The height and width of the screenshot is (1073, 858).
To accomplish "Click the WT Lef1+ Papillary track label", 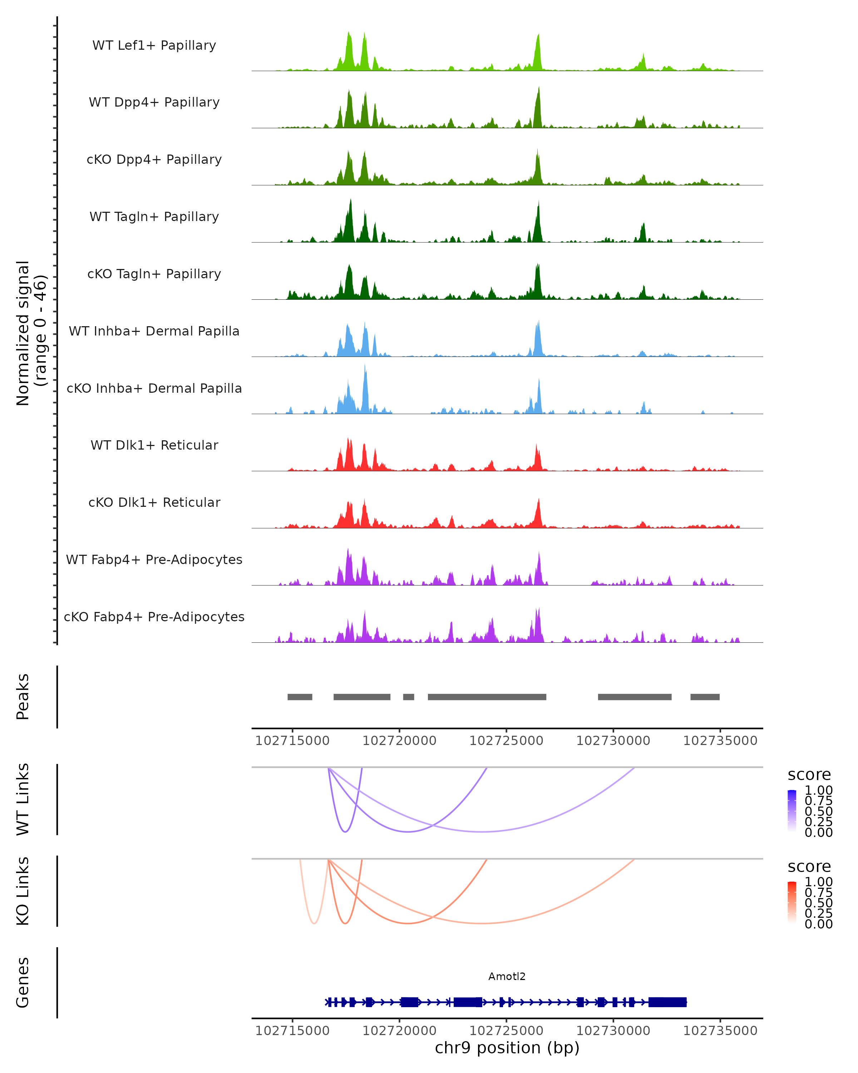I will click(154, 45).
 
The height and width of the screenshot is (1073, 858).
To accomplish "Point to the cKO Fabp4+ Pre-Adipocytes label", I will click(154, 617).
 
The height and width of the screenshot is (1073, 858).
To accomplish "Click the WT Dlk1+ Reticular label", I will click(154, 445).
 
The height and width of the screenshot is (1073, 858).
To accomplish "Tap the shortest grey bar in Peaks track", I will click(408, 697).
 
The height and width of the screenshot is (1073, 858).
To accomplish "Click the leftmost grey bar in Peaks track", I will click(300, 697).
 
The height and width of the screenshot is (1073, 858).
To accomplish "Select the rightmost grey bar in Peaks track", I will click(705, 697).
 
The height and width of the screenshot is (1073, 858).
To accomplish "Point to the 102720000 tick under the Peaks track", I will click(399, 741).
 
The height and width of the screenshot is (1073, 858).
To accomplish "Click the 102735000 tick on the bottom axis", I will click(720, 1031).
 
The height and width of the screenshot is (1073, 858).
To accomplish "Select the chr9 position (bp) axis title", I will click(507, 1048).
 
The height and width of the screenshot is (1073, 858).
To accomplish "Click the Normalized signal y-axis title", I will click(31, 333).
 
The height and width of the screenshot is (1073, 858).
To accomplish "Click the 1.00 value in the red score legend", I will click(818, 882).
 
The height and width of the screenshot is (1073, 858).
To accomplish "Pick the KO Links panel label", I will click(23, 891).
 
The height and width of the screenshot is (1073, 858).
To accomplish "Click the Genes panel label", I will click(23, 983).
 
